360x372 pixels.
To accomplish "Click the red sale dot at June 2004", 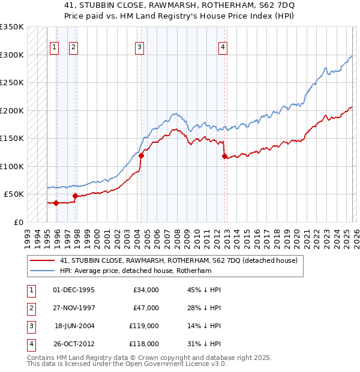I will tap(142, 155).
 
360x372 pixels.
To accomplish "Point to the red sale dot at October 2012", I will tap(224, 156).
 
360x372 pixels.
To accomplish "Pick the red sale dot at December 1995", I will tap(56, 203).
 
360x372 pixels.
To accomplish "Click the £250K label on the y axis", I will tap(12, 83).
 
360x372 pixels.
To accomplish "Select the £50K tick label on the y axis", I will tap(14, 194).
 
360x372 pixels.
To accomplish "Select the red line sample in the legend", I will tap(43, 261).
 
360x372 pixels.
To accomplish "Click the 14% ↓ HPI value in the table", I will tap(204, 326).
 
